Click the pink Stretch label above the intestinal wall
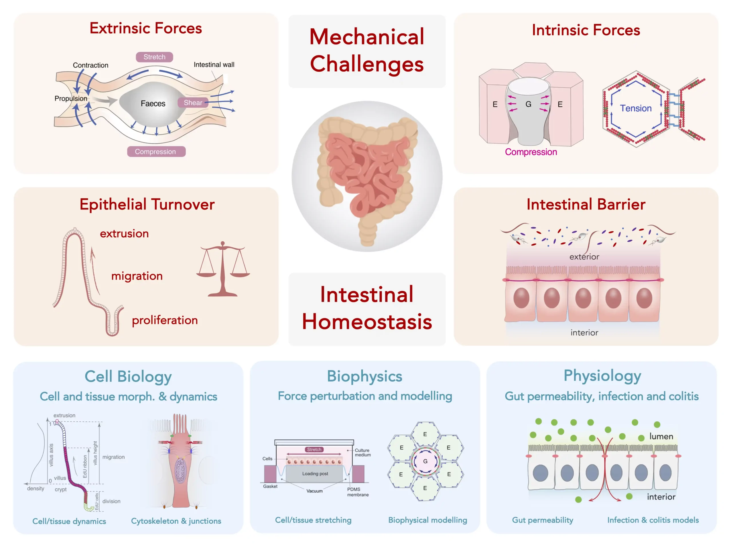pyautogui.click(x=154, y=57)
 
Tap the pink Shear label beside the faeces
pyautogui.click(x=193, y=103)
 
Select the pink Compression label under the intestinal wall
pyautogui.click(x=156, y=152)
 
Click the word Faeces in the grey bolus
pyautogui.click(x=153, y=104)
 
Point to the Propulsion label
pyautogui.click(x=71, y=99)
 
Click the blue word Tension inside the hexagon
pyautogui.click(x=636, y=108)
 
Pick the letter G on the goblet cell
pyautogui.click(x=528, y=104)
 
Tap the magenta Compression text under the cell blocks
pyautogui.click(x=531, y=152)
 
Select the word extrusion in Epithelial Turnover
pyautogui.click(x=124, y=234)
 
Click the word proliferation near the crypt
pyautogui.click(x=165, y=320)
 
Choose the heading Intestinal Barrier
pyautogui.click(x=586, y=204)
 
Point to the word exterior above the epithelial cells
pyautogui.click(x=584, y=257)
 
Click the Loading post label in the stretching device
pyautogui.click(x=315, y=473)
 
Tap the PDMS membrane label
pyautogui.click(x=358, y=492)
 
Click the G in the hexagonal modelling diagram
pyautogui.click(x=425, y=461)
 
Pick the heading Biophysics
pyautogui.click(x=364, y=376)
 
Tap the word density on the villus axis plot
pyautogui.click(x=36, y=488)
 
